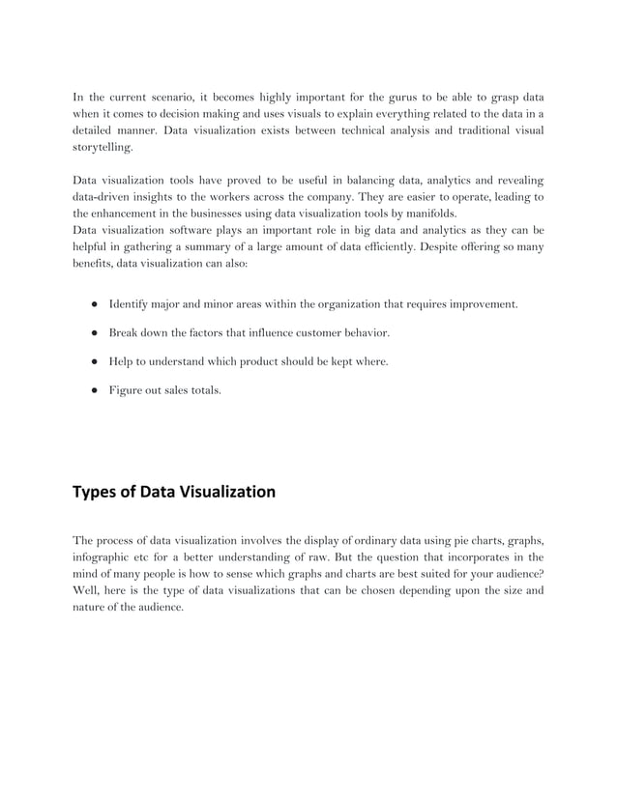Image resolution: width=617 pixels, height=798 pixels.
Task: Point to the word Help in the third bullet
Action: (121, 362)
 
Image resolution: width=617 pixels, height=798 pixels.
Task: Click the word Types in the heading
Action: (94, 492)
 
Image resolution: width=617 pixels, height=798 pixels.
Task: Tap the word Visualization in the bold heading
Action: (227, 492)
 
